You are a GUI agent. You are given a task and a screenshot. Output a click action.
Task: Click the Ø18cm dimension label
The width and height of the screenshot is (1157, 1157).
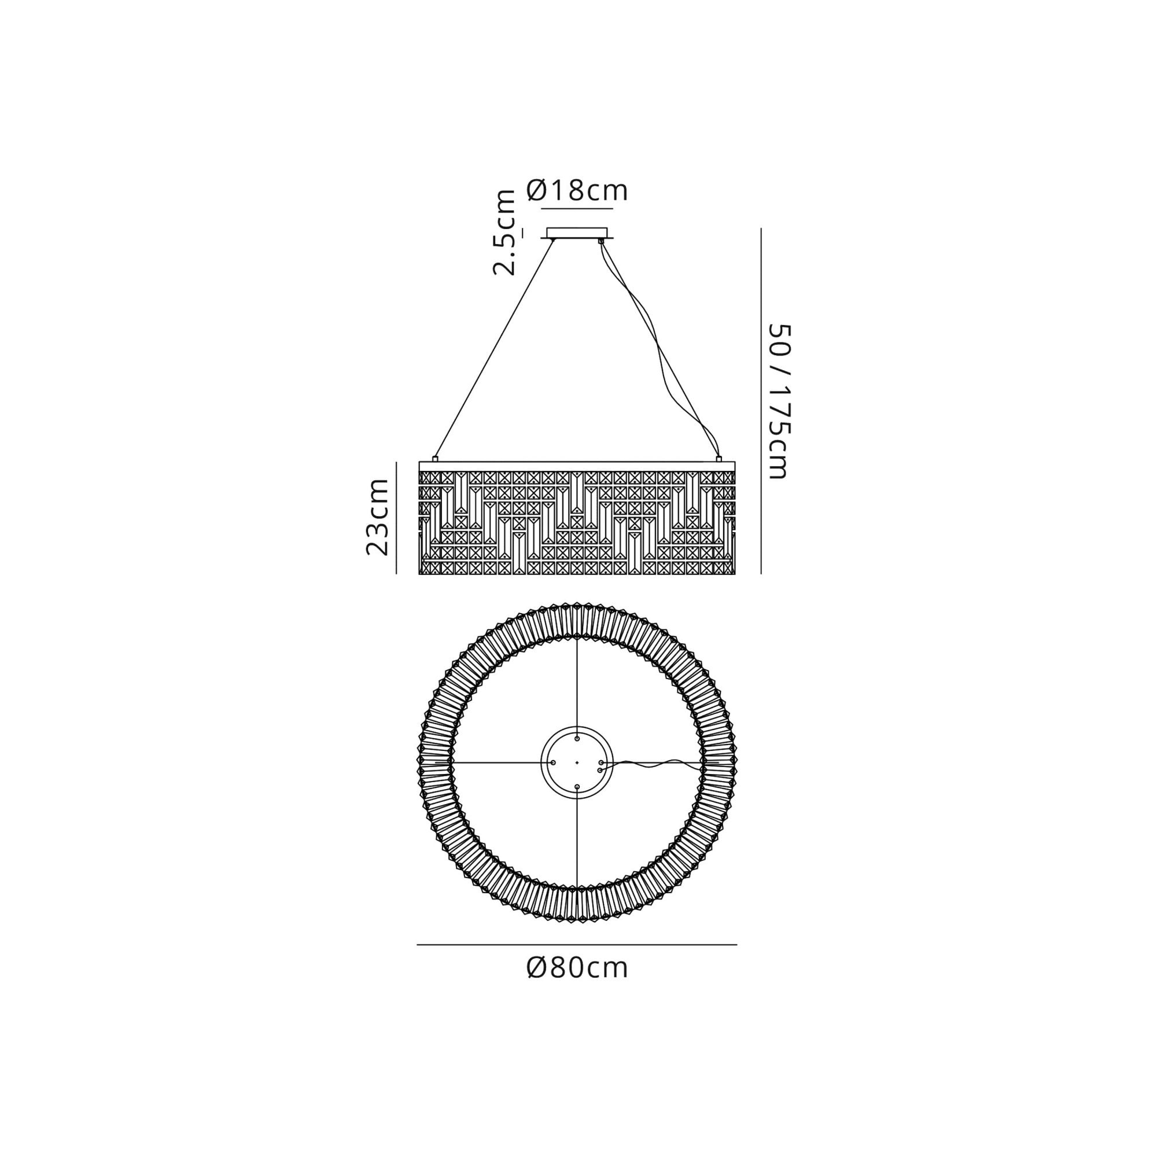pos(577,190)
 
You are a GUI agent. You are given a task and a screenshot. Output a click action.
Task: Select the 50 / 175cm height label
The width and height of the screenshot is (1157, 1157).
pos(780,401)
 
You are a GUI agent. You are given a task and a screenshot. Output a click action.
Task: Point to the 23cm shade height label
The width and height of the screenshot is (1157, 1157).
pos(378,517)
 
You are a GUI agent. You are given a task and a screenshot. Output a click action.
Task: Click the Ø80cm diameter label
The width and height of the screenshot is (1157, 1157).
pos(577,968)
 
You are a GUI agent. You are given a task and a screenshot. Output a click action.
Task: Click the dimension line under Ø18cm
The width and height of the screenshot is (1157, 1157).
pos(577,208)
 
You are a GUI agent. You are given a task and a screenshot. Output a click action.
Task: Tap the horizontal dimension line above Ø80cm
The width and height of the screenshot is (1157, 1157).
pos(577,945)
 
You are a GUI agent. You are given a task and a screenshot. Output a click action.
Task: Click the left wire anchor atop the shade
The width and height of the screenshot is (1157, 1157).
pos(436,459)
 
